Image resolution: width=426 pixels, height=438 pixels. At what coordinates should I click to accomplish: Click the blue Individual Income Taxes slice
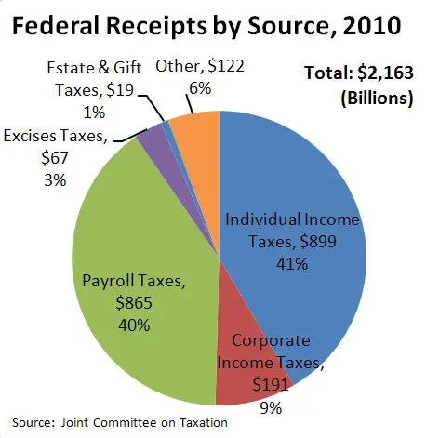298,186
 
